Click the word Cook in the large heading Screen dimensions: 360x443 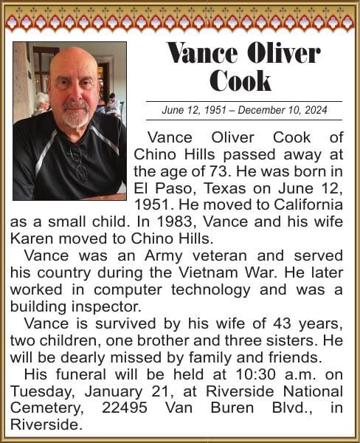240,80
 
